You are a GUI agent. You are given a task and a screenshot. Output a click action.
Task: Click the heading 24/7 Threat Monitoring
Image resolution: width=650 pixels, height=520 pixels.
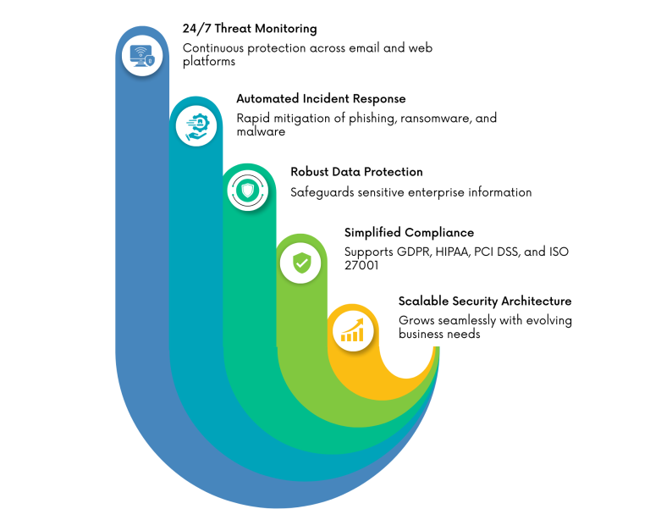(x=250, y=29)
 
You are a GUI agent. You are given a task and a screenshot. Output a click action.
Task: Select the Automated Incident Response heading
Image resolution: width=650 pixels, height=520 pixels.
(x=321, y=99)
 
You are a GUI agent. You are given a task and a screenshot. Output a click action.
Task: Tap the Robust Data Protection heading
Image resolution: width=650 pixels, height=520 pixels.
(x=356, y=172)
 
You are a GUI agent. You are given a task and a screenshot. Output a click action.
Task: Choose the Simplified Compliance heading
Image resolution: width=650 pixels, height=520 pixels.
(x=409, y=233)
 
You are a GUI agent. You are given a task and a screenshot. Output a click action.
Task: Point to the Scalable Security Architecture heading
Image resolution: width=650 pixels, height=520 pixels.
(x=485, y=301)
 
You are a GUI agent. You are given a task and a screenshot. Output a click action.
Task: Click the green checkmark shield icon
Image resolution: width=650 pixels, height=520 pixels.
(x=301, y=263)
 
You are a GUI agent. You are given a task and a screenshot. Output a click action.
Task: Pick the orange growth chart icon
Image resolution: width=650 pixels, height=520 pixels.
(x=353, y=330)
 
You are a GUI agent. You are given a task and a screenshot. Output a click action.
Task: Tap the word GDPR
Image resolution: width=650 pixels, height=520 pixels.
(x=413, y=252)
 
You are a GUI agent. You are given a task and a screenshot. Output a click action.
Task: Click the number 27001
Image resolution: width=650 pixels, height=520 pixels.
(x=361, y=265)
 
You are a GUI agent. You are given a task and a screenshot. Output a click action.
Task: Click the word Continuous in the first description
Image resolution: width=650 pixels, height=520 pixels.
(x=214, y=48)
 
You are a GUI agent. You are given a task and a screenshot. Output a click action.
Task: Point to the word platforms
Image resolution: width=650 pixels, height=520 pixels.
(x=209, y=61)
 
